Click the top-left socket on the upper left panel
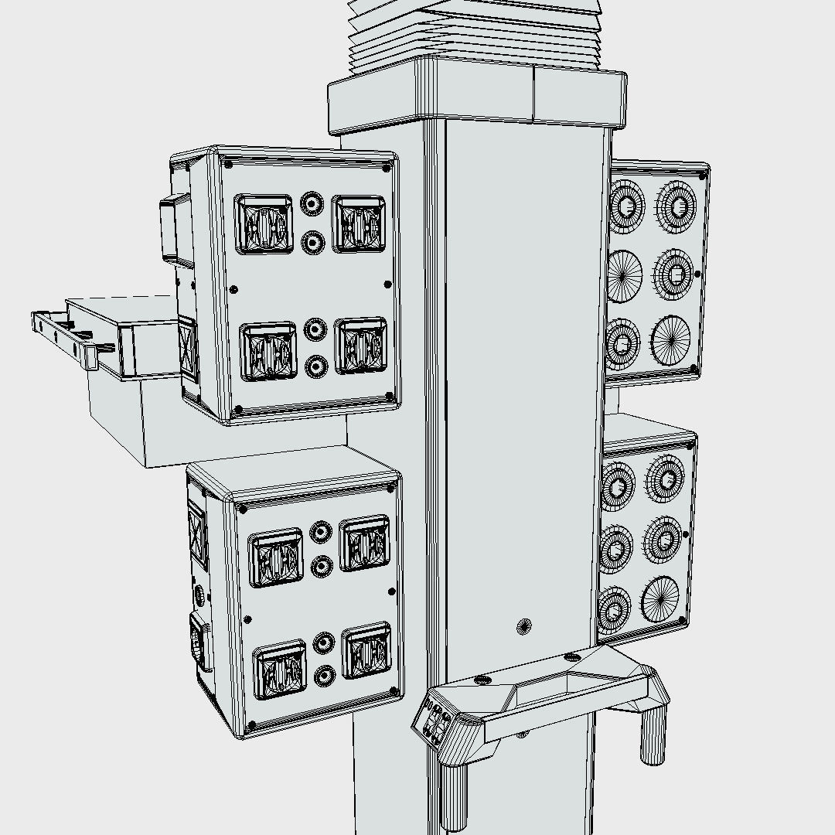coord(264,224)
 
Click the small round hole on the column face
coord(524,625)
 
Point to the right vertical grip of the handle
coord(653,734)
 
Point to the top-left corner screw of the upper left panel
coord(228,164)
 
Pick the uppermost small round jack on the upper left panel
coord(312,204)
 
